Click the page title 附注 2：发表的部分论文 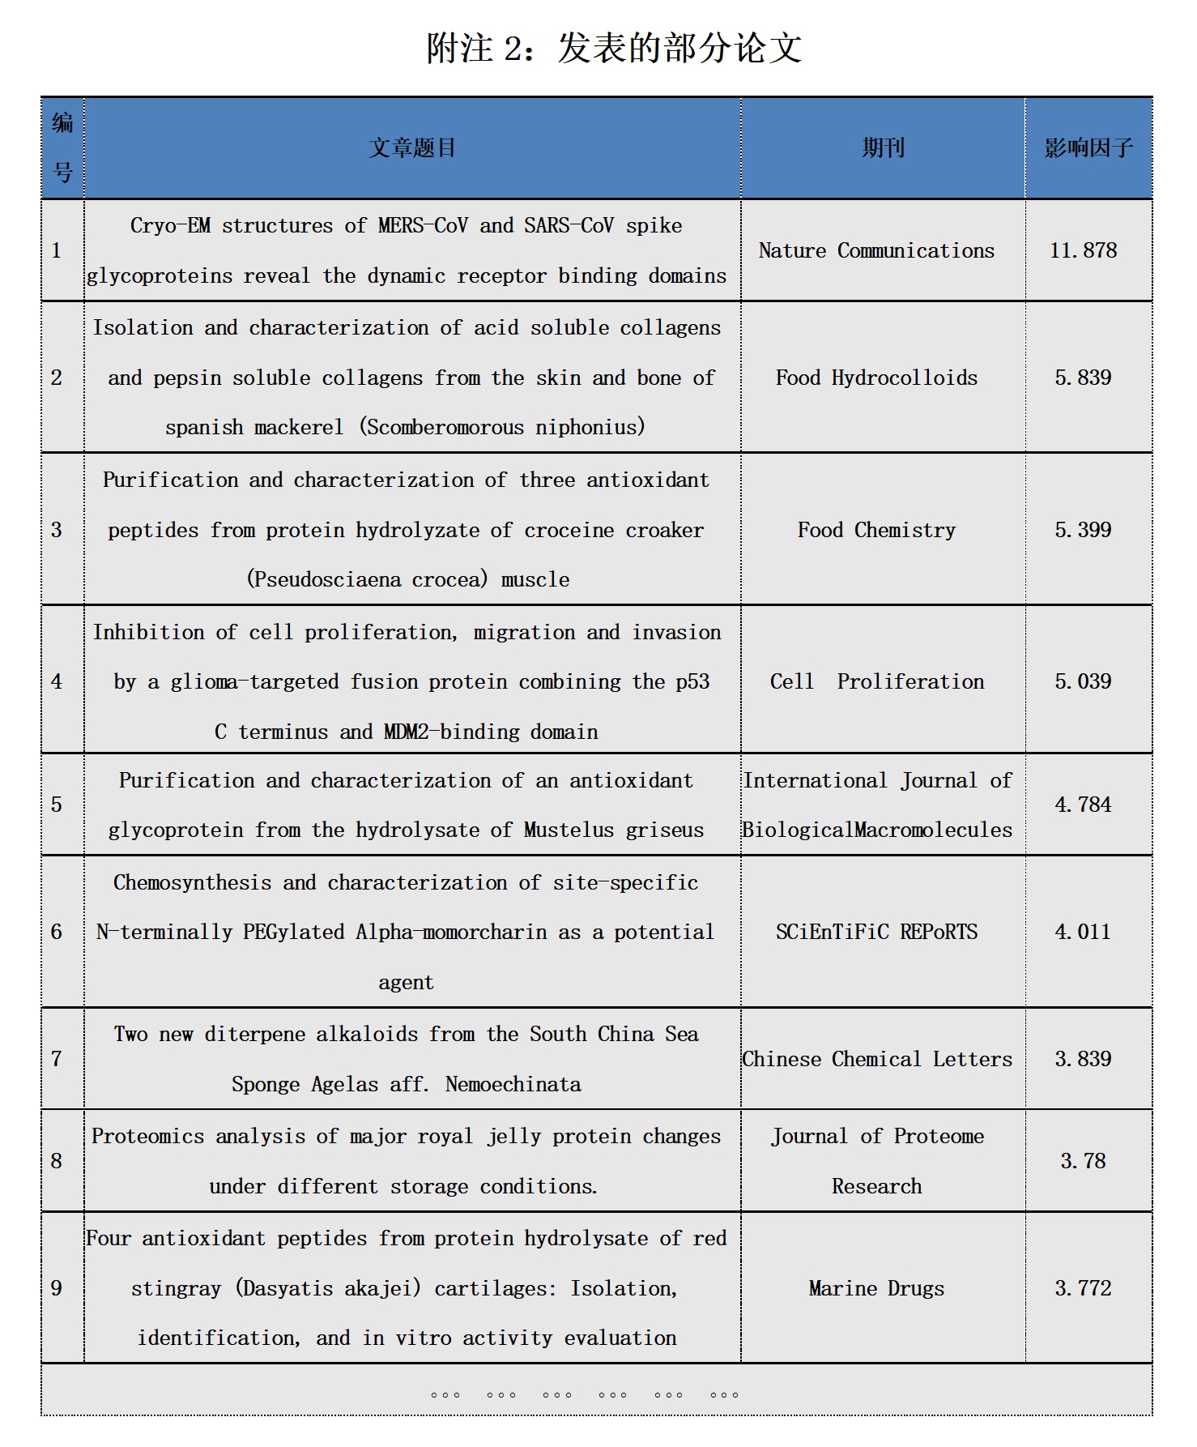click(x=614, y=49)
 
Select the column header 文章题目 click(x=412, y=147)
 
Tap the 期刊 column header click(x=883, y=147)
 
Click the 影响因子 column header click(x=1088, y=147)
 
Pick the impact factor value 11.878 click(x=1083, y=250)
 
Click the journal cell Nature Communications click(x=876, y=250)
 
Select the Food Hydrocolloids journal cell click(x=876, y=378)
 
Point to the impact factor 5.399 click(x=1083, y=530)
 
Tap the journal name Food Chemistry click(x=876, y=530)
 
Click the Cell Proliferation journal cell click(x=876, y=681)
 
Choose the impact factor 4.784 click(x=1083, y=805)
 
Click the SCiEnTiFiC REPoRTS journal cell click(x=876, y=932)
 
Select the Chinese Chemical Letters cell click(x=876, y=1059)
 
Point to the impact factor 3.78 click(x=1083, y=1161)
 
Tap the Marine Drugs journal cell click(x=876, y=1288)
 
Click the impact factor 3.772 click(x=1083, y=1288)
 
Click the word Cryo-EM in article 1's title click(x=170, y=225)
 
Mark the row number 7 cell click(x=57, y=1059)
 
